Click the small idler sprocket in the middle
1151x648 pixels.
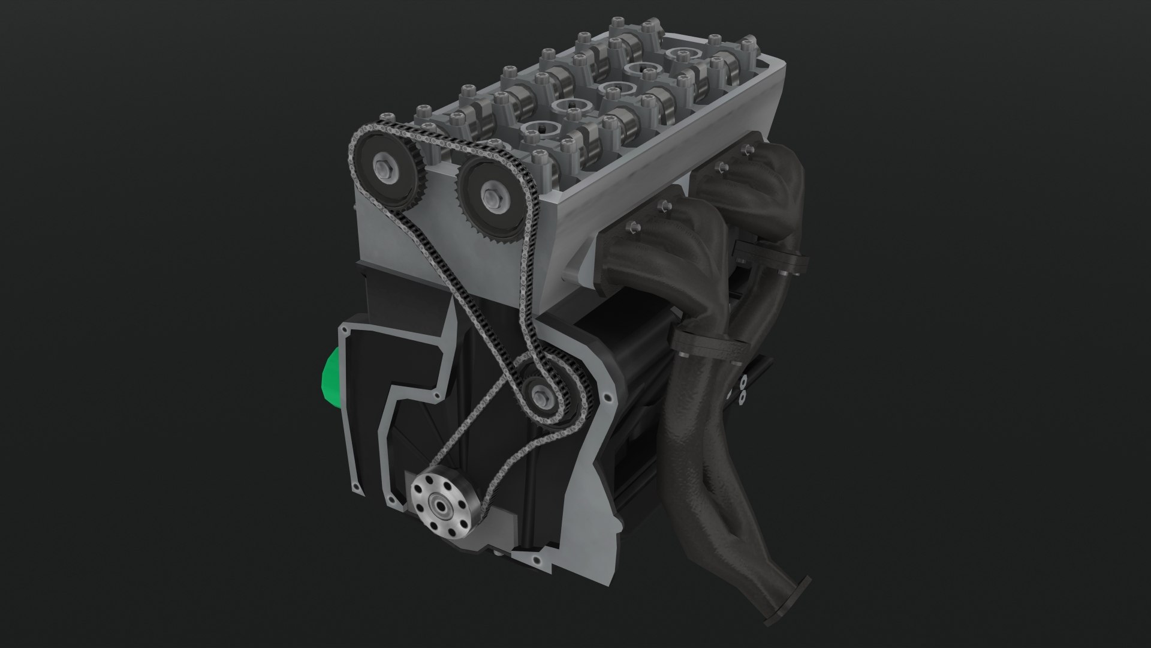coord(546,396)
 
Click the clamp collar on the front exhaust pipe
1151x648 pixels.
coord(707,346)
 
